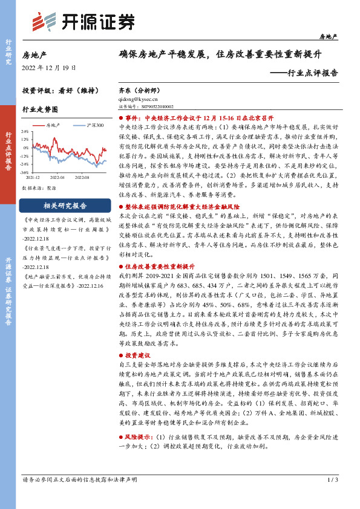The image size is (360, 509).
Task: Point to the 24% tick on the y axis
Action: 25,131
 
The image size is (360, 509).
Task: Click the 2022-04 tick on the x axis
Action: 57,178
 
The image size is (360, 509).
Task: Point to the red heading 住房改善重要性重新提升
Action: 160,266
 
